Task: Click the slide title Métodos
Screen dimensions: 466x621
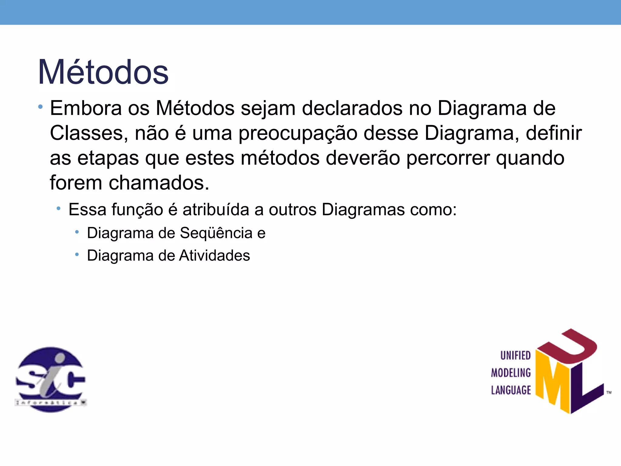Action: pyautogui.click(x=103, y=72)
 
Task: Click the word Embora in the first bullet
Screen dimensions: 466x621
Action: pyautogui.click(x=86, y=108)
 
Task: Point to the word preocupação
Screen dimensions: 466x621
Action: pyautogui.click(x=298, y=133)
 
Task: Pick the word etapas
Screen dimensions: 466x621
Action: pyautogui.click(x=108, y=158)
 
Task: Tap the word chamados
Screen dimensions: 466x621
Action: pyautogui.click(x=159, y=183)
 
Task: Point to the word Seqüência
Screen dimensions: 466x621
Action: pyautogui.click(x=216, y=233)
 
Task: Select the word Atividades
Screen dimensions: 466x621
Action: pyautogui.click(x=214, y=255)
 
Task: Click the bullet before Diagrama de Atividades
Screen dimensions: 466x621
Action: pyautogui.click(x=77, y=254)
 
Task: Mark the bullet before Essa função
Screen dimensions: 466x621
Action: pyautogui.click(x=59, y=208)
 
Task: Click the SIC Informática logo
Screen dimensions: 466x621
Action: pyautogui.click(x=51, y=379)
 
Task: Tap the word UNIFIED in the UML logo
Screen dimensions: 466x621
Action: pyautogui.click(x=515, y=356)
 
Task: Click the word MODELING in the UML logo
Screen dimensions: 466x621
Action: pyautogui.click(x=511, y=373)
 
